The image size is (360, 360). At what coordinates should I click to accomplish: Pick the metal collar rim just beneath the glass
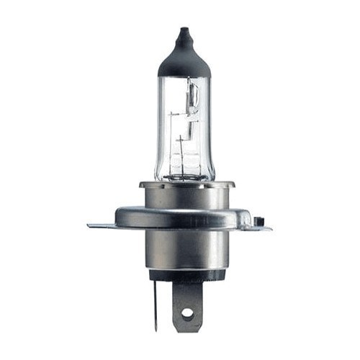[185, 186]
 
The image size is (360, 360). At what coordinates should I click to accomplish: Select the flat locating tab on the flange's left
[101, 226]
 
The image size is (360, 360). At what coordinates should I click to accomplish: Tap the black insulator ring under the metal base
[185, 275]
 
